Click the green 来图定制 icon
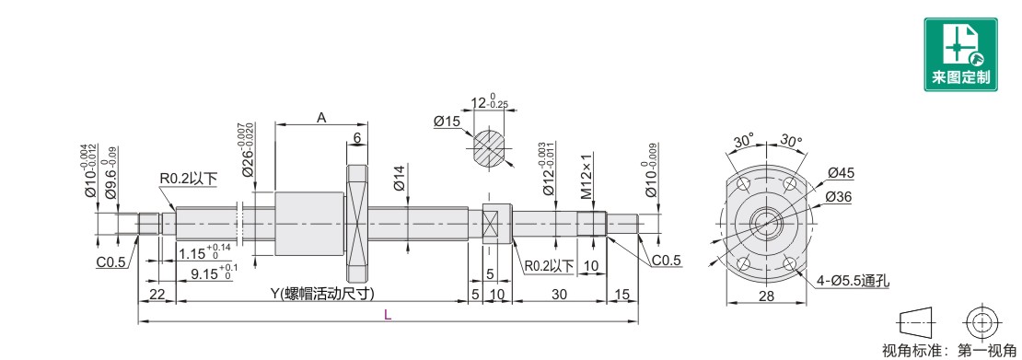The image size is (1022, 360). click(960, 54)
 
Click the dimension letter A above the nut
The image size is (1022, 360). click(320, 118)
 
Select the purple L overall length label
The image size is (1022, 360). click(387, 315)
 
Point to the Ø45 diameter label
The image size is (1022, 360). click(841, 173)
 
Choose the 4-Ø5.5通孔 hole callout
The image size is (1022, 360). click(854, 281)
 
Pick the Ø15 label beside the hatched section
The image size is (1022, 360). click(447, 122)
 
